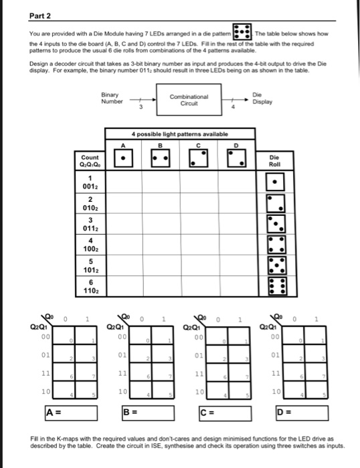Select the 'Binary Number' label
point(110,99)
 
